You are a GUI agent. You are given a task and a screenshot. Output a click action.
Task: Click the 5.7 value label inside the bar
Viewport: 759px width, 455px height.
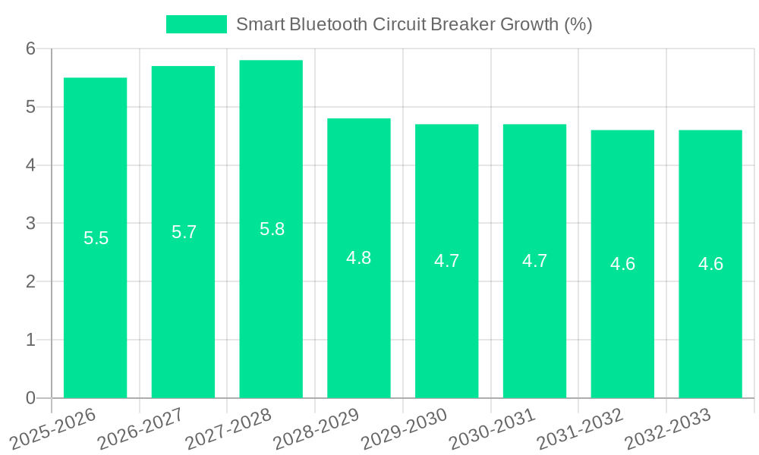pos(184,232)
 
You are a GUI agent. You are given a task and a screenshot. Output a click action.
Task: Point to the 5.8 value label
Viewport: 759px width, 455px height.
pos(272,229)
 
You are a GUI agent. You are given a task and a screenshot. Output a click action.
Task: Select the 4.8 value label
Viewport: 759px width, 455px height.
pos(359,258)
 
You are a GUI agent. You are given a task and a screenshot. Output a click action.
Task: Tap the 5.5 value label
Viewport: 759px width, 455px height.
pos(96,238)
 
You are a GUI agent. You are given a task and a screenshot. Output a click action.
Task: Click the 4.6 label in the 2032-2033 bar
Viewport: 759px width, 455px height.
pos(710,264)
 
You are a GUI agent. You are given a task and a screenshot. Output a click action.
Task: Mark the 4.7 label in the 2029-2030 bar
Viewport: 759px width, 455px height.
pos(446,261)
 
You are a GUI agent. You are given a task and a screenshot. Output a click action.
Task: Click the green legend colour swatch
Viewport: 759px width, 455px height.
pos(197,24)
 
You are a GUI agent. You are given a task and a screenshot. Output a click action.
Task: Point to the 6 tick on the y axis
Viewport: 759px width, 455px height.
pos(30,49)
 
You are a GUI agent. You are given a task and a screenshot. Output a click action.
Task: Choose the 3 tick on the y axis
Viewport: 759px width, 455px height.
pos(30,224)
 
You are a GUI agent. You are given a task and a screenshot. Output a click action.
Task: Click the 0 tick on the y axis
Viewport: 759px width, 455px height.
pos(30,398)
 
